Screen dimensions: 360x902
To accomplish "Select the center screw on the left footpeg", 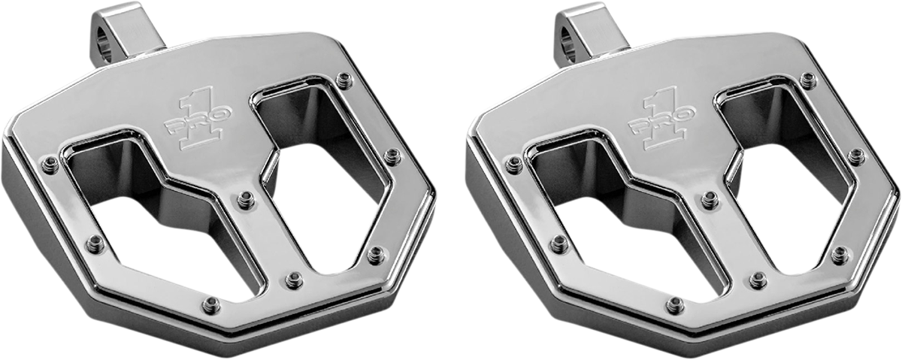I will point(246,200).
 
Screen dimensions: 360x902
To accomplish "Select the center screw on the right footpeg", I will point(710,200).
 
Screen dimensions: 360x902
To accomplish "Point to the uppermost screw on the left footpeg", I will point(344,80).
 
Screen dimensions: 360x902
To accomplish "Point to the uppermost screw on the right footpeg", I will point(808,80).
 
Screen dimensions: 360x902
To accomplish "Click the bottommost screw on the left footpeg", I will point(212,304).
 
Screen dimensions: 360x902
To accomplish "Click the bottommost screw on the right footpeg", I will point(676,304).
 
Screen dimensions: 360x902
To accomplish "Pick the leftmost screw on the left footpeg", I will point(50,165).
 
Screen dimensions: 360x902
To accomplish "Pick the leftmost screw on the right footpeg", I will point(514,165).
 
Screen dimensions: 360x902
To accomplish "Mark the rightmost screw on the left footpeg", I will point(392,156).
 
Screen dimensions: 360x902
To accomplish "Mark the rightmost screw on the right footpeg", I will point(856,156).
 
